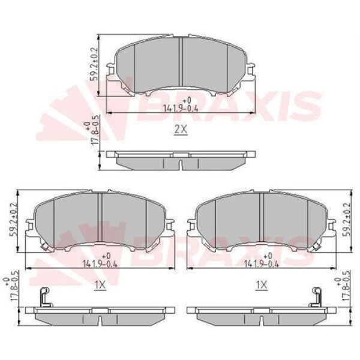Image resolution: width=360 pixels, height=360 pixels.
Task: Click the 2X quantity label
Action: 181,130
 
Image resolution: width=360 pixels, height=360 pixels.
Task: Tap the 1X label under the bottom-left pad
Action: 100,286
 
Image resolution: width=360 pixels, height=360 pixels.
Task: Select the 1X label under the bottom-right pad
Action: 261,286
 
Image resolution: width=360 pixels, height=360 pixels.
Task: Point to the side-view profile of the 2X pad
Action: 181,160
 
